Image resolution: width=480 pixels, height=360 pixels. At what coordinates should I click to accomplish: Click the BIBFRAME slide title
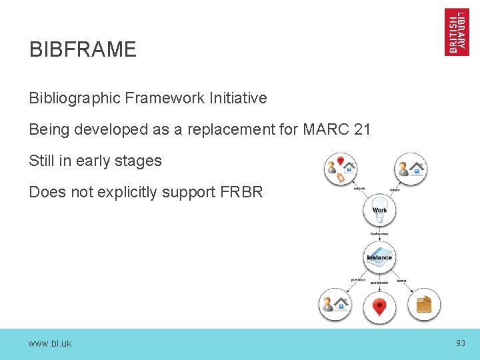[83, 49]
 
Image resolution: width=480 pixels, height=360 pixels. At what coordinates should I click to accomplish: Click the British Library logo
[457, 31]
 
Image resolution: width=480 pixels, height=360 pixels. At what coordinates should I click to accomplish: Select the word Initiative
[237, 98]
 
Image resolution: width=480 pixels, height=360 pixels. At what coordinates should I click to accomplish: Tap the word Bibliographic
[75, 98]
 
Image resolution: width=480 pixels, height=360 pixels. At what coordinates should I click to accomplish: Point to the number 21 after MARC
[363, 129]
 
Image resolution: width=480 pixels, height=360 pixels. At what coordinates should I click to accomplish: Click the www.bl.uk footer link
[50, 344]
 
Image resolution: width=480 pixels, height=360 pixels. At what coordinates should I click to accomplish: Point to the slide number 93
[460, 343]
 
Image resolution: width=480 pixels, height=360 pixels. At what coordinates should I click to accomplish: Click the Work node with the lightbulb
[379, 209]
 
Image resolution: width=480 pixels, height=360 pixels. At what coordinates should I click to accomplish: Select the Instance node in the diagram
[379, 257]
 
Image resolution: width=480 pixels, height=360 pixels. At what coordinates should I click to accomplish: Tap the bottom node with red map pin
[379, 307]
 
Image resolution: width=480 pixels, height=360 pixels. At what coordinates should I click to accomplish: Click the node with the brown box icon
[424, 305]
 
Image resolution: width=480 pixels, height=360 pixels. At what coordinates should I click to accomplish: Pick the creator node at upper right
[410, 168]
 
